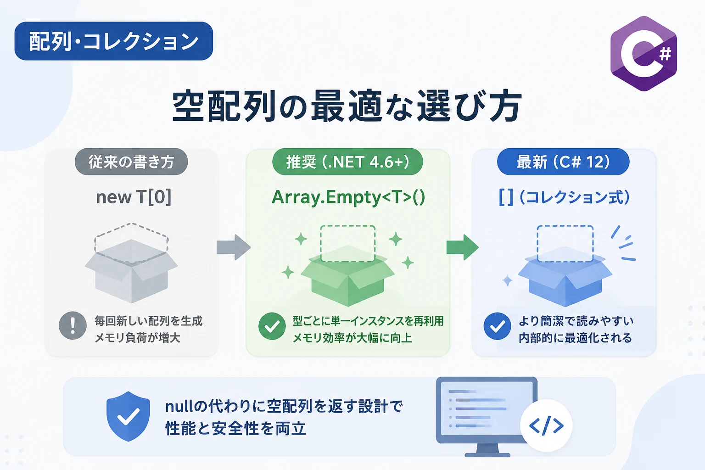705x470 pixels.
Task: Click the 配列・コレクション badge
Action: coord(114,41)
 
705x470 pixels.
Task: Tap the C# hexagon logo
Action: coord(643,54)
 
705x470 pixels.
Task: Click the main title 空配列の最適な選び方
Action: coord(347,106)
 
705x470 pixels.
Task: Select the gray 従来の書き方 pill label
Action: coord(131,162)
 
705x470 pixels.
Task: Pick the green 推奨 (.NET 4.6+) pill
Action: coord(347,162)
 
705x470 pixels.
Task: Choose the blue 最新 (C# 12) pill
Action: coord(563,162)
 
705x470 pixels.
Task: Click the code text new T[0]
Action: coord(134,197)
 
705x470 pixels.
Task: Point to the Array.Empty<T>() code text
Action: coord(348,197)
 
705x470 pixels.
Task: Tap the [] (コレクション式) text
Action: coord(564,197)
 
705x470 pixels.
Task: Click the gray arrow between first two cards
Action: coord(234,247)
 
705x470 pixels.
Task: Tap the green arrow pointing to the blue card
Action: coord(462,247)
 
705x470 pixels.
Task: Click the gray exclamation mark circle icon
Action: coord(73,325)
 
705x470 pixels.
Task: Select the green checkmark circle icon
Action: coord(272,326)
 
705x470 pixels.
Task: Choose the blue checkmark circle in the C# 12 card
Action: coord(497,326)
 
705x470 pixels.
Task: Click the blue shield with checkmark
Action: coord(128,416)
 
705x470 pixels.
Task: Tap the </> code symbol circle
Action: coord(546,425)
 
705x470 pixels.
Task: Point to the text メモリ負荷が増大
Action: coord(137,338)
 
